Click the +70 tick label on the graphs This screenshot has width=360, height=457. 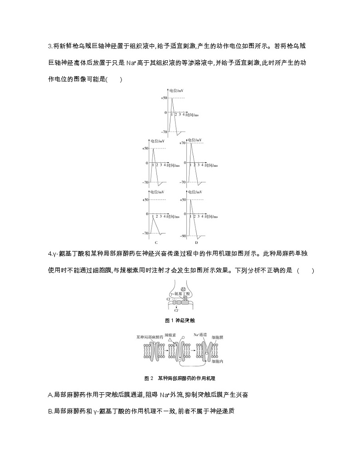[x=182, y=143]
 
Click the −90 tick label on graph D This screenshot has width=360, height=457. [x=183, y=236]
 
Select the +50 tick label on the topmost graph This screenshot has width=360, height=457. [x=164, y=98]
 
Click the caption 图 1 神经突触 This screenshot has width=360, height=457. [x=180, y=320]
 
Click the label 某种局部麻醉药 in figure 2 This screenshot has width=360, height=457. [x=150, y=337]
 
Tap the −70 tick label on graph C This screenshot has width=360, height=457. [x=145, y=233]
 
